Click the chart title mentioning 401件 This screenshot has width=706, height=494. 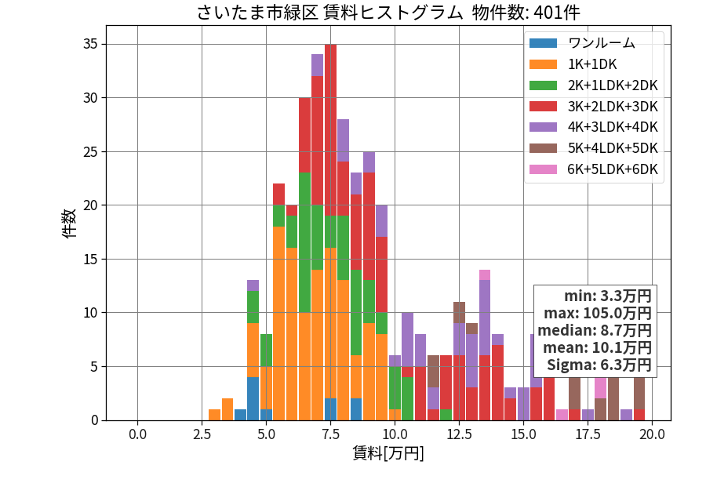(x=388, y=12)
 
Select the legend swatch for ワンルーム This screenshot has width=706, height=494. (x=543, y=43)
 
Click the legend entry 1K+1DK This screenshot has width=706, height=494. (x=592, y=64)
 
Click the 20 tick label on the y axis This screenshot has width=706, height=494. (x=90, y=205)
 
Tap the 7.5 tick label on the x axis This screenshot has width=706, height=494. (x=330, y=434)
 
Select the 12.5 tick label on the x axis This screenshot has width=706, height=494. (x=459, y=434)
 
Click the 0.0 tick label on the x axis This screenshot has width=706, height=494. (x=137, y=434)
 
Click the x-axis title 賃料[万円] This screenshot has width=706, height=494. (x=388, y=453)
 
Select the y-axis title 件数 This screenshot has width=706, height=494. (x=69, y=223)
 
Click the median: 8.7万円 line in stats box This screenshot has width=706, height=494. (x=595, y=331)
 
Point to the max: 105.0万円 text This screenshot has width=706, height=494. (x=598, y=313)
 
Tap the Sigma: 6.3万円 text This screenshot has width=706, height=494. (x=599, y=365)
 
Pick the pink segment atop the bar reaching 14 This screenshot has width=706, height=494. (x=485, y=275)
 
